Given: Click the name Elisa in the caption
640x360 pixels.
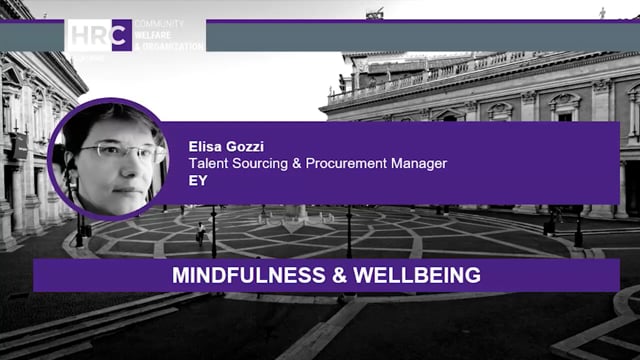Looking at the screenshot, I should click(x=205, y=146).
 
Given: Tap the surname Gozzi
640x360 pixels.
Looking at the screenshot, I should click(x=246, y=146).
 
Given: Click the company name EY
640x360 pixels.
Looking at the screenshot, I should click(x=198, y=180).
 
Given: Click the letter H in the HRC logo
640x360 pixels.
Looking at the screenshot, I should click(x=78, y=34).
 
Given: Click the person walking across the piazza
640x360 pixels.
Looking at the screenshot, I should click(x=201, y=233).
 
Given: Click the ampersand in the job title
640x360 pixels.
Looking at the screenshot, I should click(x=303, y=163).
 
